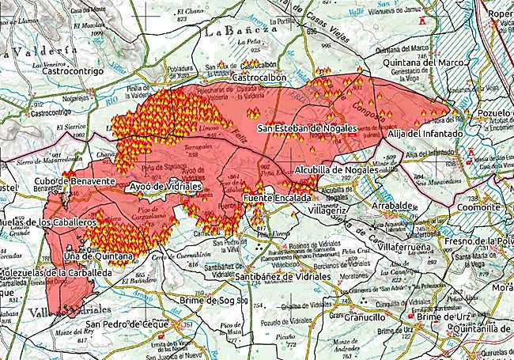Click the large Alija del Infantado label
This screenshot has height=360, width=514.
(425, 135)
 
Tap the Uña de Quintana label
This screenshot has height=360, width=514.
(98, 257)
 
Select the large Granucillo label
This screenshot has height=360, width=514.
(357, 316)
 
